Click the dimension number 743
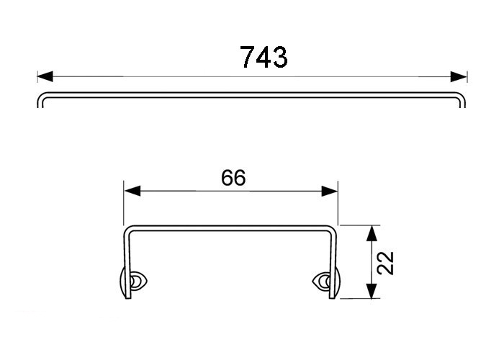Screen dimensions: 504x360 pyautogui.click(x=264, y=57)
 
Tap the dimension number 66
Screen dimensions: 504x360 pyautogui.click(x=233, y=177)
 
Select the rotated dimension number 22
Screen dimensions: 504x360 pyautogui.click(x=385, y=263)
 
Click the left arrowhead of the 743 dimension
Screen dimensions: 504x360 pyautogui.click(x=45, y=77)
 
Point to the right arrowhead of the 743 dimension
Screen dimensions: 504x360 pyautogui.click(x=459, y=77)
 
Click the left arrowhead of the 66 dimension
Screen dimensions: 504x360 pyautogui.click(x=132, y=191)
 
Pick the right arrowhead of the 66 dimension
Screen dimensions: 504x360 pyautogui.click(x=330, y=191)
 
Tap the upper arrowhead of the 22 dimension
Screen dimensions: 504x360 pyautogui.click(x=372, y=233)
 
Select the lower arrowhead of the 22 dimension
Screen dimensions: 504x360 pyautogui.click(x=372, y=291)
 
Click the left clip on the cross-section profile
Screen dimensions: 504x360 pyautogui.click(x=133, y=282)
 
